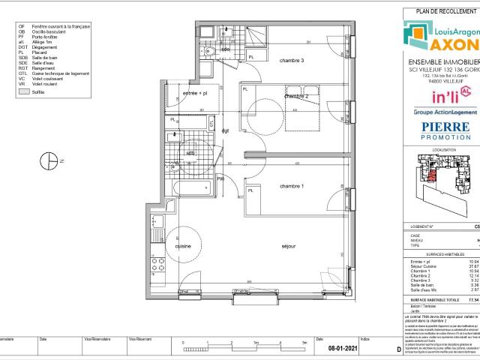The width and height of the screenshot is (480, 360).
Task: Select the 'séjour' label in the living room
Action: click(288, 246)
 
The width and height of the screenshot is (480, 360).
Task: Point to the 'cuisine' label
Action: click(183, 246)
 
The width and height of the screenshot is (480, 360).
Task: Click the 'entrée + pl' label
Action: click(195, 94)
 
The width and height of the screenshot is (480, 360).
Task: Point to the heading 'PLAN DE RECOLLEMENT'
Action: click(441, 10)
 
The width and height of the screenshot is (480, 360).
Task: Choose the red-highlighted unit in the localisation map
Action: click(433, 176)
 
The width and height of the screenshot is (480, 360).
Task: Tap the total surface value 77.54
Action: click(471, 277)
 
